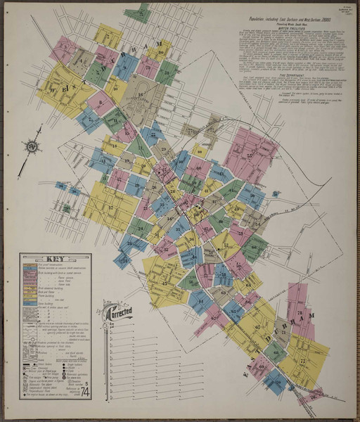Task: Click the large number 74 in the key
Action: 84,392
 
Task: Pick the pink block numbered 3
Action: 64,49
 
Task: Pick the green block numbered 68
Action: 275,352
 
